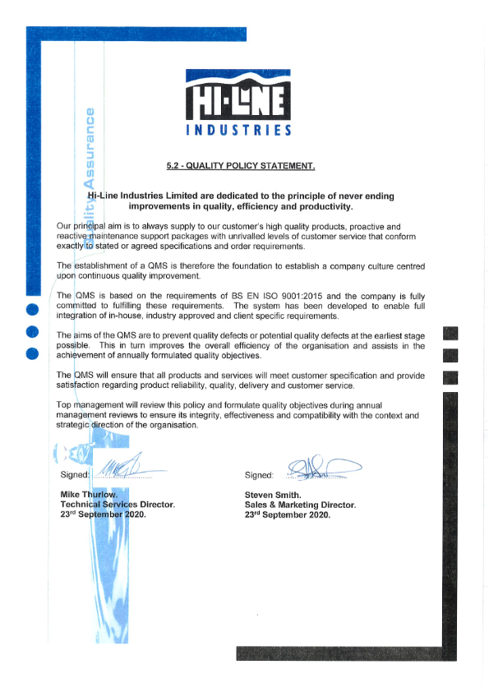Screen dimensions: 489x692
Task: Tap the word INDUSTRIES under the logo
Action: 238,131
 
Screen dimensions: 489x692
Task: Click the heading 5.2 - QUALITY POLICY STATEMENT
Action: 240,166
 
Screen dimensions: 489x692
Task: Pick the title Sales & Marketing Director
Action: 300,505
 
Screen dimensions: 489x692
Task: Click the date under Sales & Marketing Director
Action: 287,514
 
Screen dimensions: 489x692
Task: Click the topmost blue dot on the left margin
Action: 33,310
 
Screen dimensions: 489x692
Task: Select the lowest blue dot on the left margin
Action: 33,354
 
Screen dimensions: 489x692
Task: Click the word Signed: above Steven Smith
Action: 259,475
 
